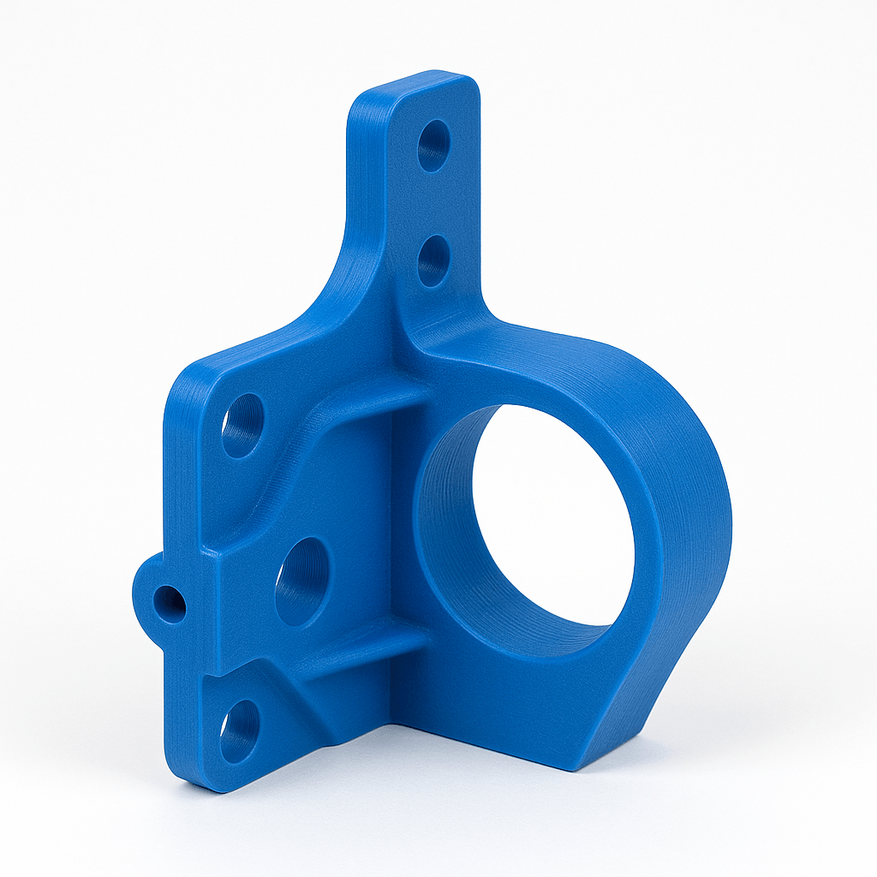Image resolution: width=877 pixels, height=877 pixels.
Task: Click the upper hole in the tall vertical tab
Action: click(433, 146)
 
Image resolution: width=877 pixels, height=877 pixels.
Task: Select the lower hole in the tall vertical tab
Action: click(433, 260)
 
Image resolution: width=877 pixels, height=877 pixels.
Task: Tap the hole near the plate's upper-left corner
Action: click(242, 426)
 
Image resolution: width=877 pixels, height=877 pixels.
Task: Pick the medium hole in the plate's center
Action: click(302, 581)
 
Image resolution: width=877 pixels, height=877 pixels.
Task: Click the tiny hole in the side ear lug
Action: click(170, 604)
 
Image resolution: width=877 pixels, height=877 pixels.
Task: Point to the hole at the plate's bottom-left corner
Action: click(239, 730)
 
